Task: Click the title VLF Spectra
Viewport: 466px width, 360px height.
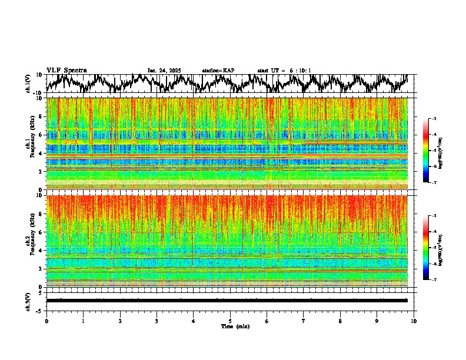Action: point(66,70)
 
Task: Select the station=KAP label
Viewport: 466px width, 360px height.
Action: point(218,71)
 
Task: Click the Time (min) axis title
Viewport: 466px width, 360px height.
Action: point(235,326)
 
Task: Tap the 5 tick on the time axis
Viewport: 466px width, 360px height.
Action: point(230,321)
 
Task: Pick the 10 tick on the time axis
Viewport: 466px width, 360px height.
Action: point(414,321)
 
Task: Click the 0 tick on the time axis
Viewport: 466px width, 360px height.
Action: point(46,321)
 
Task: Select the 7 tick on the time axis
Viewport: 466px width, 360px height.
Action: point(304,321)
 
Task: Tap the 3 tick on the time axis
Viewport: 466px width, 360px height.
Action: point(157,321)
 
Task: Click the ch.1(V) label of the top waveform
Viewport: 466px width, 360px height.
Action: point(28,84)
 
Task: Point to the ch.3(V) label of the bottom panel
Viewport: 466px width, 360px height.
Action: point(28,301)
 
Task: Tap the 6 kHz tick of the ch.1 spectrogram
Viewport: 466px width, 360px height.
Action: point(42,135)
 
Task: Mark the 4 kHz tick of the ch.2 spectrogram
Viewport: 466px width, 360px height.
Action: point(42,250)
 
